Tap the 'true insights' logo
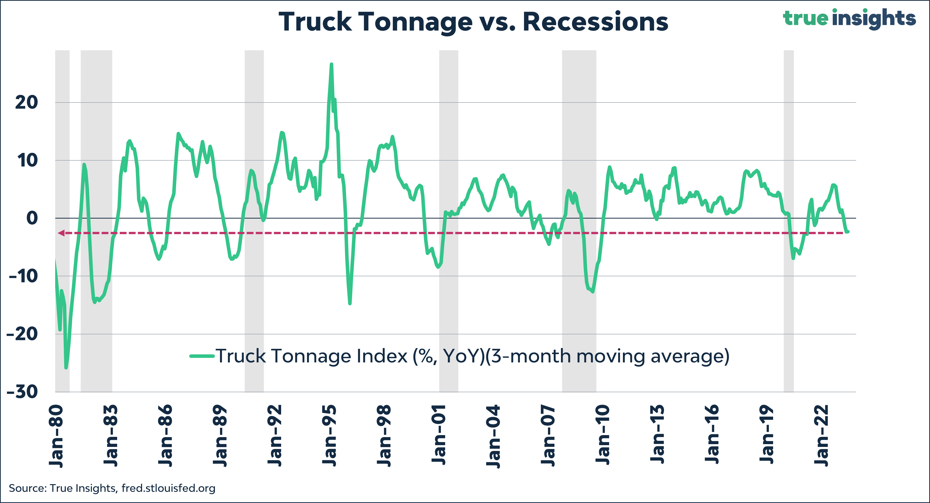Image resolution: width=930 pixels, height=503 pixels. (849, 18)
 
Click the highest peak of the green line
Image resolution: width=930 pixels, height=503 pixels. (331, 64)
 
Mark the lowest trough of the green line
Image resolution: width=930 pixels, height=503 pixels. (66, 368)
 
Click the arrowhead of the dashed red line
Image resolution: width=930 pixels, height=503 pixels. (61, 233)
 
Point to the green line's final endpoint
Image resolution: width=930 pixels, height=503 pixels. (848, 231)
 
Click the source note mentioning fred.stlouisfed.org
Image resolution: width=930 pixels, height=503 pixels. (112, 488)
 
